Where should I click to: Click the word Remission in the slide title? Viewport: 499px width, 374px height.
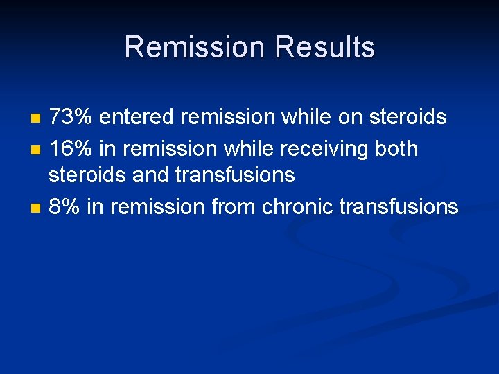pyautogui.click(x=195, y=48)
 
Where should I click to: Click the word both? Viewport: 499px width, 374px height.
pyautogui.click(x=394, y=148)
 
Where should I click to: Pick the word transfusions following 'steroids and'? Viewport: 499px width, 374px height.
pyautogui.click(x=235, y=176)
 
